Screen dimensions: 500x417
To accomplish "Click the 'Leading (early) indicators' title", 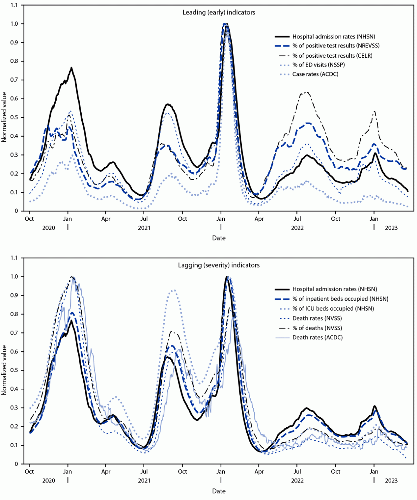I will (219, 12).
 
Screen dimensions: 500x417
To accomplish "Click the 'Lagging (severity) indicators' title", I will (219, 265).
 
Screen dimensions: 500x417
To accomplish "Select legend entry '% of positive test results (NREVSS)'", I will (336, 46).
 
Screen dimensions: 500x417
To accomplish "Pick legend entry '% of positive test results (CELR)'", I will (332, 56).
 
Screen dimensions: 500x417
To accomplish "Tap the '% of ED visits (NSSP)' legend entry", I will (318, 65).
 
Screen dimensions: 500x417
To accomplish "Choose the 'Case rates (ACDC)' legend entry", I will (315, 74).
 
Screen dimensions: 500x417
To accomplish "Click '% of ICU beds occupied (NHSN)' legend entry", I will (333, 308).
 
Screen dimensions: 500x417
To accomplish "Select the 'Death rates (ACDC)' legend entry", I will (317, 337).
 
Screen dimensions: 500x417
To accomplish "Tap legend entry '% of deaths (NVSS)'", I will (317, 328).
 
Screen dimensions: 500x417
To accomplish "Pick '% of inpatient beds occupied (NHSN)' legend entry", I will (340, 299).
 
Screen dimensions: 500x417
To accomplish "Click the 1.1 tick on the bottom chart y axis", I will (15, 258).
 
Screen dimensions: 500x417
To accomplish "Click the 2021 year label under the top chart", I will (144, 228).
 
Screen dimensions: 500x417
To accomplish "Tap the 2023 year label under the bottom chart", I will (391, 481).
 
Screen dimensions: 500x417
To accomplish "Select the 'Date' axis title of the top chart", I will (219, 238).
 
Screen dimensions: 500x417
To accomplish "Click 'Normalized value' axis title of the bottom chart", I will (4, 370).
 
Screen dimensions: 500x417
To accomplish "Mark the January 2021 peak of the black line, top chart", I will (71, 68).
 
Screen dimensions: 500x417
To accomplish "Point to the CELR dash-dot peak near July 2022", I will (307, 92).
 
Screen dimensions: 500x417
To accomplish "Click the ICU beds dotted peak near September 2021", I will (173, 290).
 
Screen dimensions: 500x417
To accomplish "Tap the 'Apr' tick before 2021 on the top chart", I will (106, 219).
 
